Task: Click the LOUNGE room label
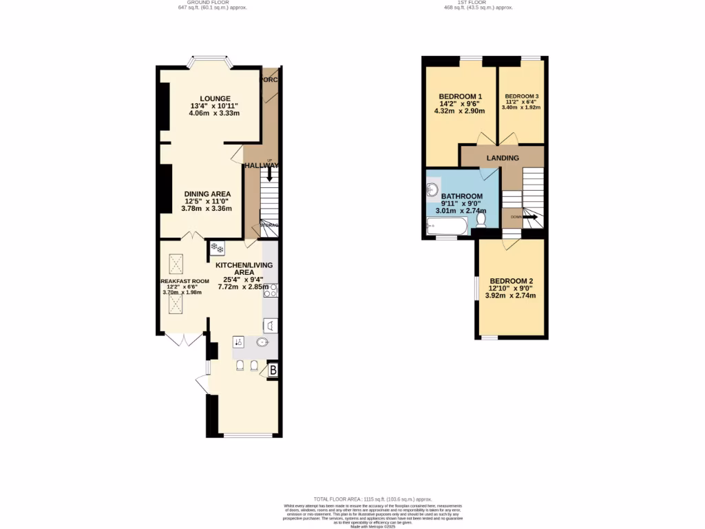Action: [215, 98]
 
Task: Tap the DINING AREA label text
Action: [207, 194]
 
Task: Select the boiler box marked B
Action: [273, 371]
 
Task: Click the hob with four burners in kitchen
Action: [270, 291]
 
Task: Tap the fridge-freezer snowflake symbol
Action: [215, 247]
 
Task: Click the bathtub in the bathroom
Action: [445, 225]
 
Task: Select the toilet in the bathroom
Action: [482, 219]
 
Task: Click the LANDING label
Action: [503, 158]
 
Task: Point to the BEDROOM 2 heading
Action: [512, 281]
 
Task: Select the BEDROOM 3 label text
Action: [522, 96]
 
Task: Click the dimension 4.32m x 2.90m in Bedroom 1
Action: [460, 111]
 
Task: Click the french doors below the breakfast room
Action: [184, 339]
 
